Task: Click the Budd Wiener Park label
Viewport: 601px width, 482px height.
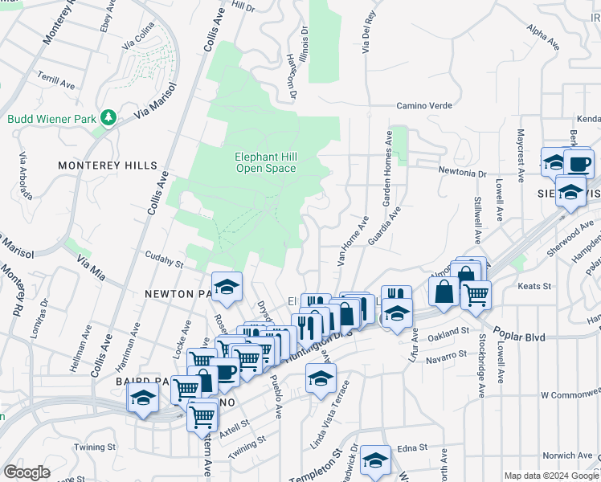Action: (x=50, y=119)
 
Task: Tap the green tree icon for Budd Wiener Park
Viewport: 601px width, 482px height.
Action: (x=107, y=119)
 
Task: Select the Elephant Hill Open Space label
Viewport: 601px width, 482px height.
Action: (x=265, y=163)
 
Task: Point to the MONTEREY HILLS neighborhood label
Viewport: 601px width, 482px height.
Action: (x=108, y=165)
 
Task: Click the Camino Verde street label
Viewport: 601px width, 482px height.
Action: (x=425, y=106)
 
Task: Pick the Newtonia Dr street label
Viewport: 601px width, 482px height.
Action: (x=463, y=172)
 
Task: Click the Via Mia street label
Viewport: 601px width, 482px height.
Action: (x=92, y=263)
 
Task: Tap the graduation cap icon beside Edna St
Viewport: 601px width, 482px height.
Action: (x=375, y=460)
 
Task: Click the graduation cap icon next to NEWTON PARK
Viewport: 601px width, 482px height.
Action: (x=227, y=287)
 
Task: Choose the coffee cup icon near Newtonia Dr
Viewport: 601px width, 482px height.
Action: (x=579, y=163)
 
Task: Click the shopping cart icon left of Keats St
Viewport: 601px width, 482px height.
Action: (x=476, y=294)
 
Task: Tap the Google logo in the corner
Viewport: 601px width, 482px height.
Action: (x=27, y=472)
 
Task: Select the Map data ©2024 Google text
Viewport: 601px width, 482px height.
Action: (x=550, y=476)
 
